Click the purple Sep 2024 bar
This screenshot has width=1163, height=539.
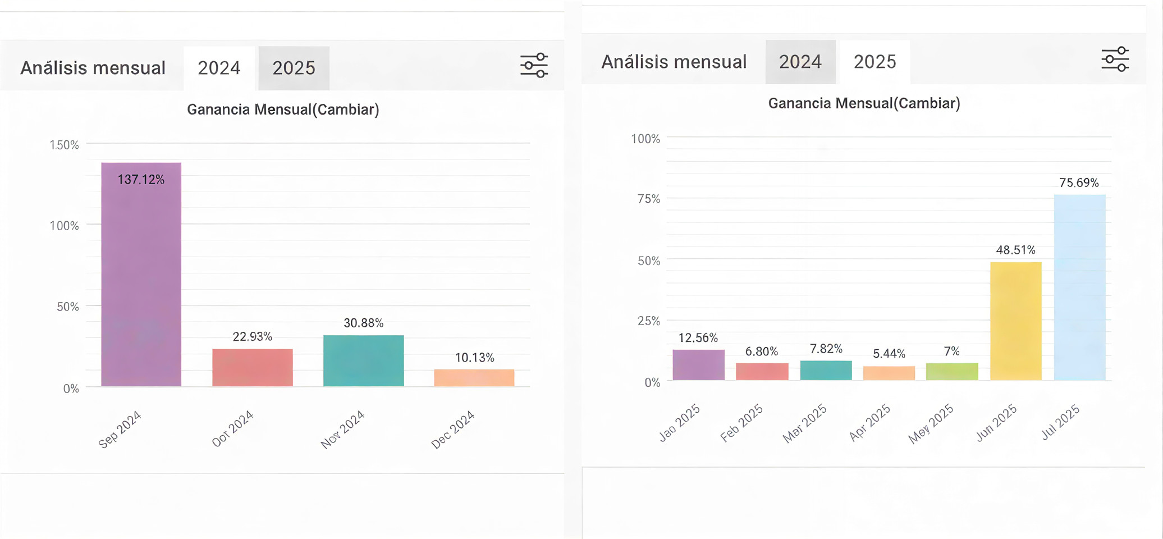[141, 275]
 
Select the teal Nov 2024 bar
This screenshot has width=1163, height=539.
[363, 360]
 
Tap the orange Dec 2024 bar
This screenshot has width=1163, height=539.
[474, 377]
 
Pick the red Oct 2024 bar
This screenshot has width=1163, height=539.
[252, 367]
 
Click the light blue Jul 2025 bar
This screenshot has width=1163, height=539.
[1079, 287]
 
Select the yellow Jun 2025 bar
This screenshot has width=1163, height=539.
[1015, 321]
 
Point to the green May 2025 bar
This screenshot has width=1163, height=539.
[952, 372]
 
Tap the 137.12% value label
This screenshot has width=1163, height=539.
[141, 180]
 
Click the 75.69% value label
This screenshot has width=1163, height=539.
[1079, 182]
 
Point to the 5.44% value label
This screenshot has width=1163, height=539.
[889, 354]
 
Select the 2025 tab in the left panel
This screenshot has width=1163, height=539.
[294, 68]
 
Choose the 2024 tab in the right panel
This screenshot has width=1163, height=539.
[800, 62]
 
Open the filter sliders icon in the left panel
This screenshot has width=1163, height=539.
[534, 65]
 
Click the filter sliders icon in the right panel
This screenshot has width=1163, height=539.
[1115, 59]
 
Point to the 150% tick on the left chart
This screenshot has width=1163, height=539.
[65, 145]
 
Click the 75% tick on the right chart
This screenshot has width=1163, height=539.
[649, 199]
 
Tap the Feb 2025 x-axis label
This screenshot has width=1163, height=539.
[741, 423]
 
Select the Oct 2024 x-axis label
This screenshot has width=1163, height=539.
[233, 428]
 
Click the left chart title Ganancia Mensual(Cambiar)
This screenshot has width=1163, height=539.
[283, 109]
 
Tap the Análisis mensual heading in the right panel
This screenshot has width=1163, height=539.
[674, 62]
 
